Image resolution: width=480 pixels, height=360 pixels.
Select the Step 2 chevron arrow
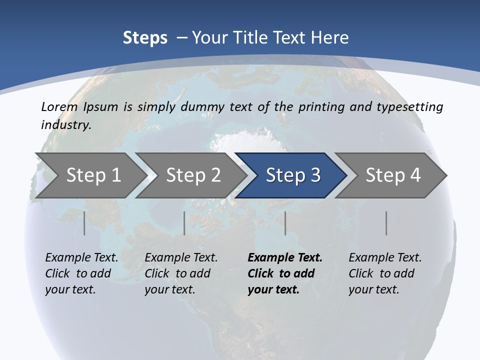pyautogui.click(x=193, y=175)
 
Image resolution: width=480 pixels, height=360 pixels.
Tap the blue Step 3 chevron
pyautogui.click(x=292, y=175)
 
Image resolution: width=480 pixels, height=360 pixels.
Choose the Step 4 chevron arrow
pyautogui.click(x=392, y=175)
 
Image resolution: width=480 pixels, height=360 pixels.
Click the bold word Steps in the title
pyautogui.click(x=145, y=38)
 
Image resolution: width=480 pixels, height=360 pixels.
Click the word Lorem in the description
pyautogui.click(x=58, y=106)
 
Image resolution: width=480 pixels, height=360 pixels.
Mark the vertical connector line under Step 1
pyautogui.click(x=84, y=223)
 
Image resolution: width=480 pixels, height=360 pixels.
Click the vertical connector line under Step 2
pyautogui.click(x=184, y=223)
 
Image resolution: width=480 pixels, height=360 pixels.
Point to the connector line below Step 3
pyautogui.click(x=285, y=223)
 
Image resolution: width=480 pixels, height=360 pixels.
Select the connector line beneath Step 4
pyautogui.click(x=386, y=223)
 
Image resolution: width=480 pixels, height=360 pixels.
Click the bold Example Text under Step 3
pyautogui.click(x=285, y=258)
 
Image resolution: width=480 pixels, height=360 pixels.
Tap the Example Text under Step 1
pyautogui.click(x=81, y=258)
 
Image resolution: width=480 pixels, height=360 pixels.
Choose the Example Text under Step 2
pyautogui.click(x=181, y=258)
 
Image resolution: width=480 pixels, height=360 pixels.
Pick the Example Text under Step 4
pyautogui.click(x=385, y=258)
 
